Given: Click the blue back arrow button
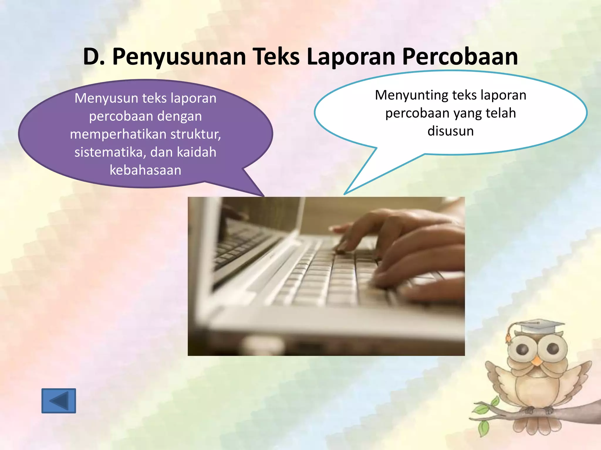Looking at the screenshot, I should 59,401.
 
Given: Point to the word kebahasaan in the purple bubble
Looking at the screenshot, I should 145,170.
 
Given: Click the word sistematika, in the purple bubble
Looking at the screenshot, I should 108,152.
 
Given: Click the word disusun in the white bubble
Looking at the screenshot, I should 450,131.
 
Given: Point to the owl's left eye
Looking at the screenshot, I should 522,349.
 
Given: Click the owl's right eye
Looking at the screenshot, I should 553,349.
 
